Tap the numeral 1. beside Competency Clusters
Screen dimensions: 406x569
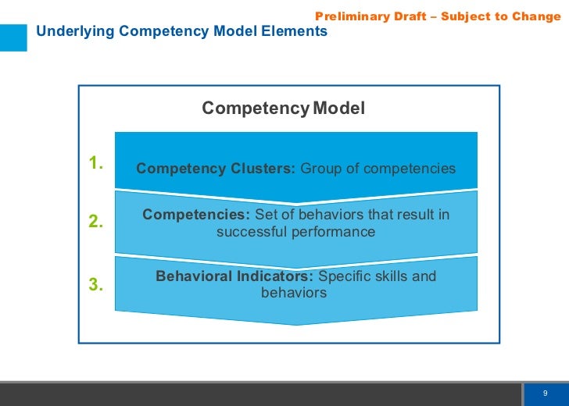click(x=96, y=163)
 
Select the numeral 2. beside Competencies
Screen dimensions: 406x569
click(x=96, y=222)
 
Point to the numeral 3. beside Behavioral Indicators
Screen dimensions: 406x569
click(x=96, y=285)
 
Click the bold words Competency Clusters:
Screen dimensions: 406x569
click(x=216, y=169)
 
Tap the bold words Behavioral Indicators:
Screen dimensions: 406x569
click(x=234, y=276)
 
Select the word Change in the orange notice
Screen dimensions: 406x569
click(x=537, y=16)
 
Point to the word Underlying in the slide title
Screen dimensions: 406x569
click(x=69, y=32)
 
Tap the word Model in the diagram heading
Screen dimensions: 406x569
click(x=338, y=109)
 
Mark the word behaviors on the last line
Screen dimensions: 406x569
click(x=294, y=294)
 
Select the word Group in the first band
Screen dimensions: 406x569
click(x=320, y=169)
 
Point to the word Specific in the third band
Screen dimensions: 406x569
click(x=345, y=276)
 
